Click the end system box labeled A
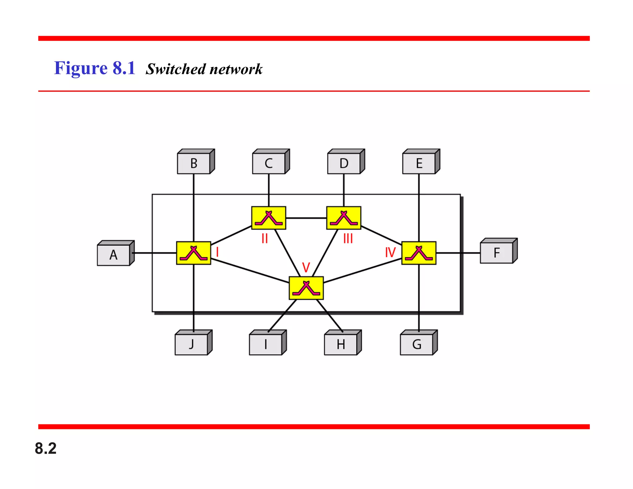click(114, 255)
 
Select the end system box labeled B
click(194, 163)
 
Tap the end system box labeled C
click(269, 163)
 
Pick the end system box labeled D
click(344, 163)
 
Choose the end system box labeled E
click(419, 163)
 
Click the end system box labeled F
click(497, 253)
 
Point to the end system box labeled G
click(417, 344)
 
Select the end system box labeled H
click(341, 344)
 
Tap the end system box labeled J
click(192, 344)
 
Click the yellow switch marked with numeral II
click(269, 218)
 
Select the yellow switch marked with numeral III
click(344, 218)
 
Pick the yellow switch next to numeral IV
click(419, 253)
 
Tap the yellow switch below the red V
click(306, 288)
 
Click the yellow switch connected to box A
click(193, 253)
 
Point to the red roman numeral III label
click(348, 239)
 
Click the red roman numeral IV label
click(390, 253)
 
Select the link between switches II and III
click(306, 218)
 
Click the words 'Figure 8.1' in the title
click(95, 68)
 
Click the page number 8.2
click(46, 448)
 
